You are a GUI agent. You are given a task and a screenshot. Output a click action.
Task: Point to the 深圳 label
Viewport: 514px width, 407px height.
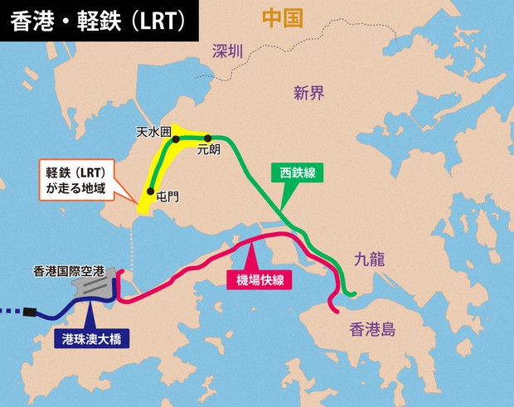229,51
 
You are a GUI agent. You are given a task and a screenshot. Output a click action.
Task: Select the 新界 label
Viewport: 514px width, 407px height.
308,93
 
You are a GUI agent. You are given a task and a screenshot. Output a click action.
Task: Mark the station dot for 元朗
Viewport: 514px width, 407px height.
208,138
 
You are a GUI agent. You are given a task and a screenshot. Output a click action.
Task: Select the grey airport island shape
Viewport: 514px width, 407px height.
93,288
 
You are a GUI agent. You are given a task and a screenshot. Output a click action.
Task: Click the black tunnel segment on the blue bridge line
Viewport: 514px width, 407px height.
31,313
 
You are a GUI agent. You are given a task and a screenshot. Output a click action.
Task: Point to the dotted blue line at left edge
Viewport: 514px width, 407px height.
10,313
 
